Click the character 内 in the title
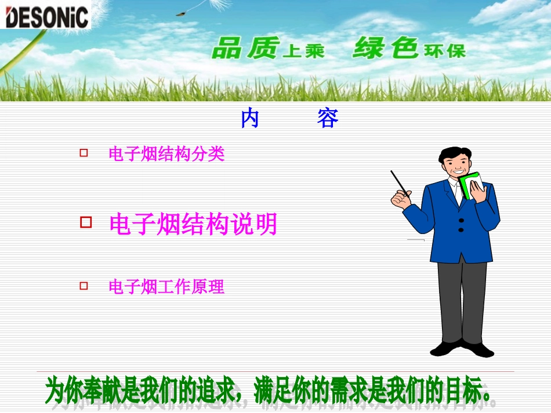(x=250, y=119)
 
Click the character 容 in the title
(x=328, y=119)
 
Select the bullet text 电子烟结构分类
(x=166, y=154)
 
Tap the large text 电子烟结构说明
(x=193, y=224)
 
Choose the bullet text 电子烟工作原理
(x=166, y=287)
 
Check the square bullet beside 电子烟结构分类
(x=84, y=153)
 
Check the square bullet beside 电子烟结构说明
(x=86, y=222)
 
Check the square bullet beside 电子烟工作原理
(x=84, y=285)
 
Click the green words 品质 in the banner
(x=246, y=48)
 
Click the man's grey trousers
(x=462, y=301)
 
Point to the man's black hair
(x=454, y=153)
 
